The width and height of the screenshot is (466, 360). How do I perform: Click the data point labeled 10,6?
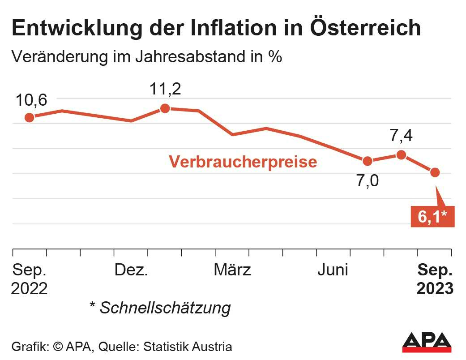point(30,117)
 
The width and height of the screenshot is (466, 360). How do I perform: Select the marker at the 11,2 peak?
point(165,108)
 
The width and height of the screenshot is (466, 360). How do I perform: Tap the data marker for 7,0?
point(368,161)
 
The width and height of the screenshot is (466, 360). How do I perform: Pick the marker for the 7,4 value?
point(401,155)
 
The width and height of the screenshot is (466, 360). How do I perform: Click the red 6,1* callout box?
point(432,217)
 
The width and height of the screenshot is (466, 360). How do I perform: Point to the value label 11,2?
point(165,90)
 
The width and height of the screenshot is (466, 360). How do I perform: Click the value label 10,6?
point(31,100)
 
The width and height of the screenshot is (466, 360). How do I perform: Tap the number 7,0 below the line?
point(368,181)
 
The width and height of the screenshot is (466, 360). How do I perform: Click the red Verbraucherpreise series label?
point(243,162)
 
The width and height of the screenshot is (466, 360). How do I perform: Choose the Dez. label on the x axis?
point(131,270)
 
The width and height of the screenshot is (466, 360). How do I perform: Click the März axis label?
point(232,270)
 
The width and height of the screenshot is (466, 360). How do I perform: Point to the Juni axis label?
point(333,270)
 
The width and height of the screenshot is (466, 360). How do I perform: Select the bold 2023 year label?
point(435,289)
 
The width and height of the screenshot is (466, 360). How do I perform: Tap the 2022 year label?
point(30,289)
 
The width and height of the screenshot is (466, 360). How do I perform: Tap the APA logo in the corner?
point(426,342)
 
